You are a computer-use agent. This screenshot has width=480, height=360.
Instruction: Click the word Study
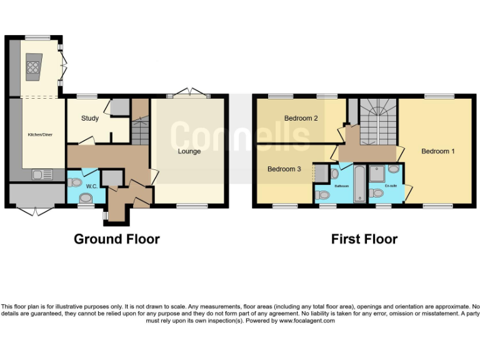[x=90, y=118]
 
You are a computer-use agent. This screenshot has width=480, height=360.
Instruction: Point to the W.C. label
[x=91, y=186]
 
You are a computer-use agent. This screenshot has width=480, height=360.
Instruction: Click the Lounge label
[x=189, y=151]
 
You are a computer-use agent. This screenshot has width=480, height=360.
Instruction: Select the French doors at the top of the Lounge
[x=189, y=94]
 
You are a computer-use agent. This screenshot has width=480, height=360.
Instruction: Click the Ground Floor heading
[x=117, y=239]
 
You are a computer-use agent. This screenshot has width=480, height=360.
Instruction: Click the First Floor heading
[x=364, y=239]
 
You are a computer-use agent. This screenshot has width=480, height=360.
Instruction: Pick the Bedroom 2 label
[x=301, y=118]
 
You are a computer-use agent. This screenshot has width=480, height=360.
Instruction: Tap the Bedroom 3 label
[x=284, y=169]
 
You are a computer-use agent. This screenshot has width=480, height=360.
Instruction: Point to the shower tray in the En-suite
[x=377, y=173]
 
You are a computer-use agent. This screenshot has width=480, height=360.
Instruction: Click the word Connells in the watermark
[x=241, y=136]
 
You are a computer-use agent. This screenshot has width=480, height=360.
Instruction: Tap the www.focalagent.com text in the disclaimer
[x=307, y=321]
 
